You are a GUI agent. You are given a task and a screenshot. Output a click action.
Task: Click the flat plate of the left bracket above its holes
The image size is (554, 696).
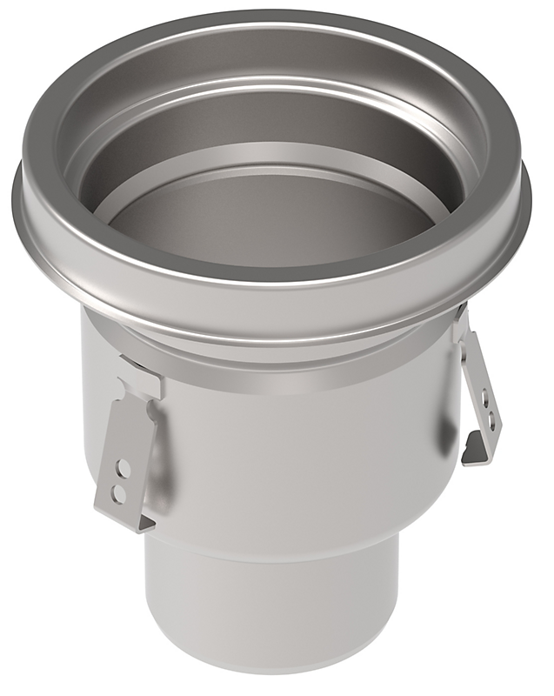(131, 431)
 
